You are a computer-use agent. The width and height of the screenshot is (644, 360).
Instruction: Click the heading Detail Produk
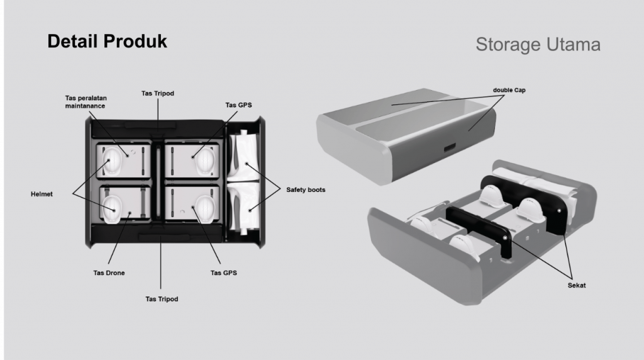[108, 42]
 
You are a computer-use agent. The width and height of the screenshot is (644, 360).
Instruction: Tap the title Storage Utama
[538, 45]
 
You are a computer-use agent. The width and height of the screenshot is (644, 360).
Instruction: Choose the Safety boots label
[306, 189]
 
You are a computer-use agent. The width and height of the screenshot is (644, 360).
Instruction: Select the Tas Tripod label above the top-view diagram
[157, 93]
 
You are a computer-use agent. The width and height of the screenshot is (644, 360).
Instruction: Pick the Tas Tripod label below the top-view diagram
[162, 299]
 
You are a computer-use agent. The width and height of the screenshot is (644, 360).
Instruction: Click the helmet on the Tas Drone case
[113, 207]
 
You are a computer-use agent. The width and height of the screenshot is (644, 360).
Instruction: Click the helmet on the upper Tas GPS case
[204, 161]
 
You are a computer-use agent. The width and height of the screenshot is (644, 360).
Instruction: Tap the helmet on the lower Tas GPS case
[204, 206]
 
